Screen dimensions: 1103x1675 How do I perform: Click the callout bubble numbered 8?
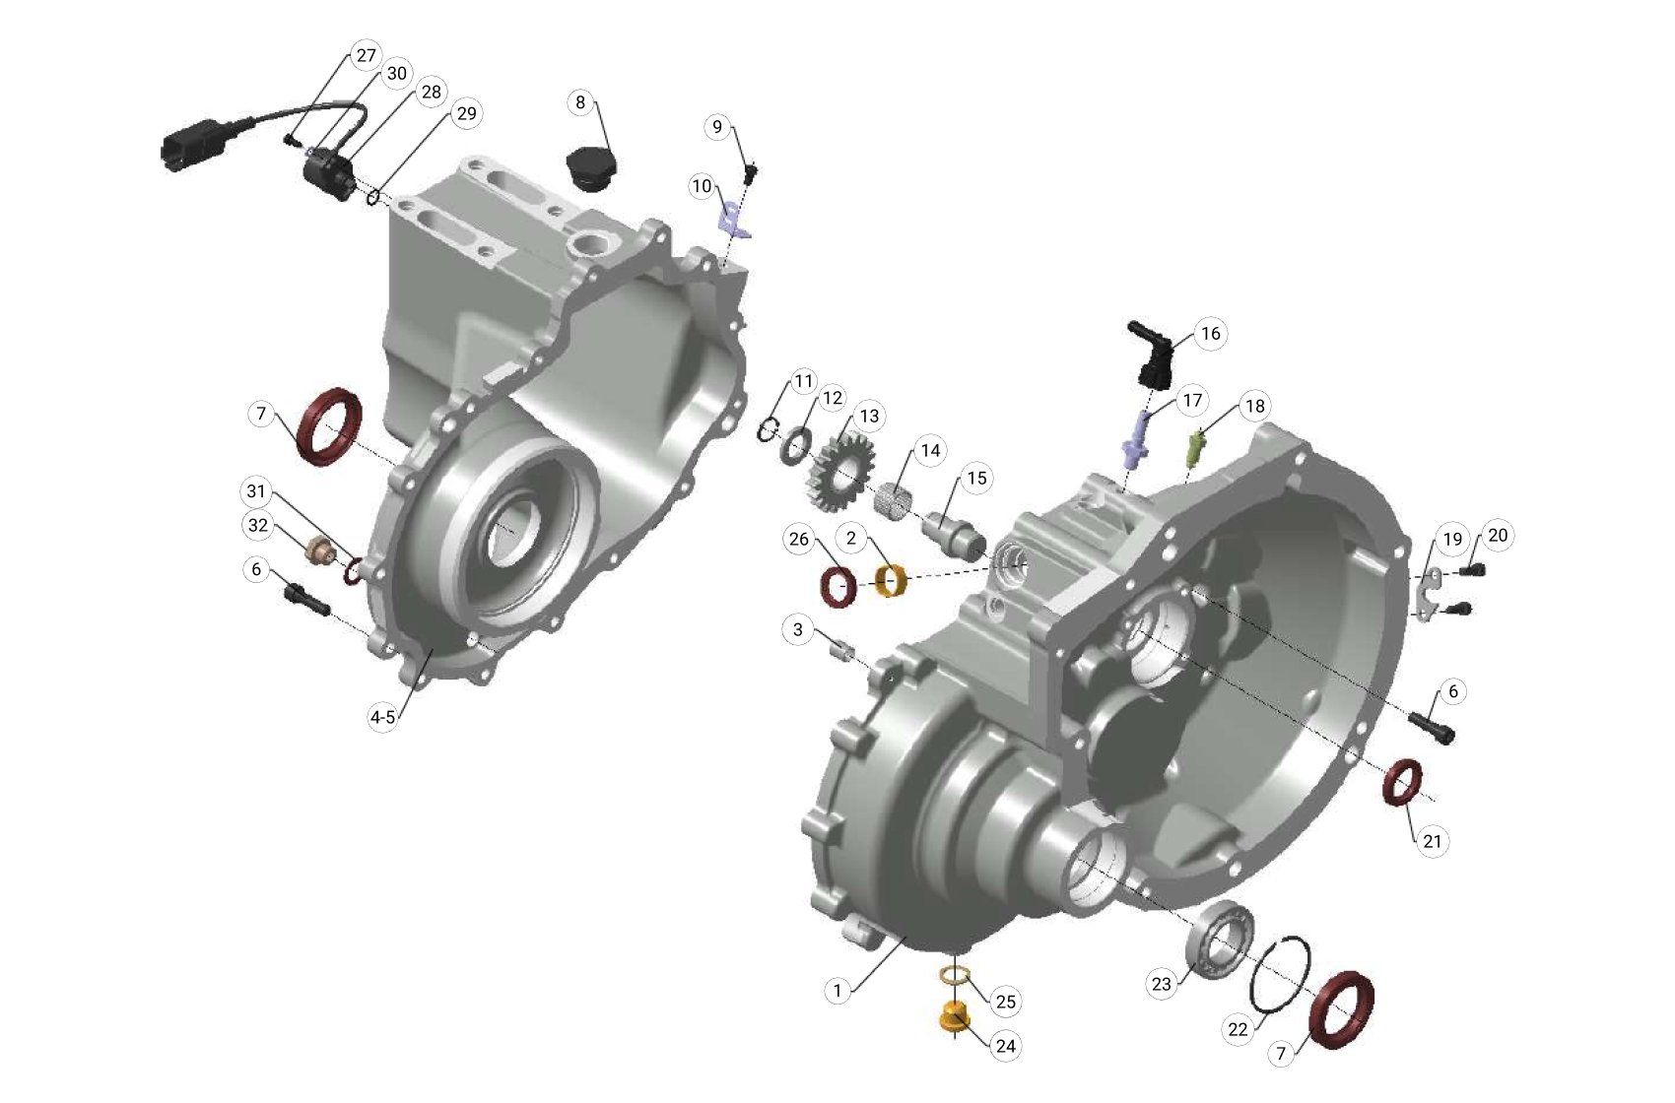coord(580,102)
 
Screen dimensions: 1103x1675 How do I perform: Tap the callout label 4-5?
coord(382,717)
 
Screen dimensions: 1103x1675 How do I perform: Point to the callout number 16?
coord(1211,334)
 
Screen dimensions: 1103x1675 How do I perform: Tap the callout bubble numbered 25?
coord(1005,1002)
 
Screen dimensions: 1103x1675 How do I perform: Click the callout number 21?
coord(1433,841)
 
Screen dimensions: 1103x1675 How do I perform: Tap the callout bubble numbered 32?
coord(258,525)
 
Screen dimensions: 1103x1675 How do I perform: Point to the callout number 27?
coord(366,55)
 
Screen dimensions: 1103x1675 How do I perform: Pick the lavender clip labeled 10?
coord(733,219)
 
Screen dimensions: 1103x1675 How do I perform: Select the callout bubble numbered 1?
coord(837,990)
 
